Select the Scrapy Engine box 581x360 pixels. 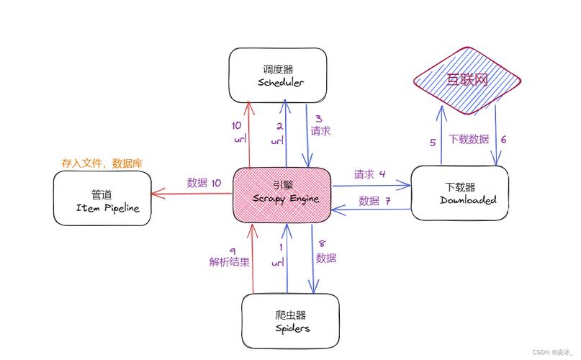[281, 193]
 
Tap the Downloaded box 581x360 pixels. [459, 193]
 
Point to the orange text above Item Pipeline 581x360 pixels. [102, 164]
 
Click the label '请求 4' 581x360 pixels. [370, 174]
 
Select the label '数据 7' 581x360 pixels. [375, 200]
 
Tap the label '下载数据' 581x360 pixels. [469, 139]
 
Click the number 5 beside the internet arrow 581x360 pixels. [433, 143]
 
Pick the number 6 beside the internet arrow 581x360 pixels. [503, 140]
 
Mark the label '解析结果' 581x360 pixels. [230, 262]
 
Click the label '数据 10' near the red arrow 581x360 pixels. [204, 183]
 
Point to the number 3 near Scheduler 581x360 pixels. [319, 119]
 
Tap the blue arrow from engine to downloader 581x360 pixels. [371, 185]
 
